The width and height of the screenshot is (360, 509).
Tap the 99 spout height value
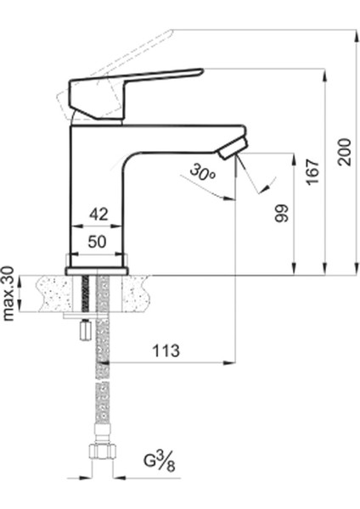[282, 212]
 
